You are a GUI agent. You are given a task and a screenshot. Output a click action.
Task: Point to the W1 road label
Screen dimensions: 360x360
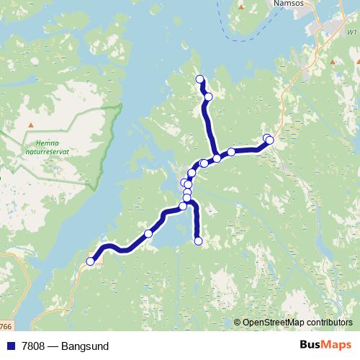pos(351,32)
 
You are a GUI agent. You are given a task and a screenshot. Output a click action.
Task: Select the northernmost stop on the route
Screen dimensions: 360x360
pos(199,79)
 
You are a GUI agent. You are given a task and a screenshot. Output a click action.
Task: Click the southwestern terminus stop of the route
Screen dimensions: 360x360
pos(91,261)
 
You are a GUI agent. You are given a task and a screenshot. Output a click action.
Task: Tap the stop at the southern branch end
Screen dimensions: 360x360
pos(199,241)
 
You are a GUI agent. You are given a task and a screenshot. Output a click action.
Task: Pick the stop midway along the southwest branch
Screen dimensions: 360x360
pos(148,233)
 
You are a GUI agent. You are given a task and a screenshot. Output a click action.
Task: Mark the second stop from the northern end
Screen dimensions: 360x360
pos(208,96)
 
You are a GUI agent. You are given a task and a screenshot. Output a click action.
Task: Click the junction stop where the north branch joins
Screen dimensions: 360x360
pos(216,158)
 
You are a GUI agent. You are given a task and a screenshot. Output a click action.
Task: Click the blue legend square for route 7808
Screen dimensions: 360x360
pos(10,346)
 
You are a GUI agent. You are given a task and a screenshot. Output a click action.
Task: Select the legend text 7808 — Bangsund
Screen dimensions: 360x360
pos(64,346)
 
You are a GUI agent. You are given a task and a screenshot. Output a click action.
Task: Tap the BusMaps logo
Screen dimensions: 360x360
pos(325,346)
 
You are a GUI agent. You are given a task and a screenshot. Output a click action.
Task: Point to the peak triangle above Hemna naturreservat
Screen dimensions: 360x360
pos(30,126)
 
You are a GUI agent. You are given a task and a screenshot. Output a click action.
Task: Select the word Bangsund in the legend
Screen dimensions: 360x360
pos(85,346)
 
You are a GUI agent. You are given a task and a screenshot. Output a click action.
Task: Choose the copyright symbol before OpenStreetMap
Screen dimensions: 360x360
pos(237,323)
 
